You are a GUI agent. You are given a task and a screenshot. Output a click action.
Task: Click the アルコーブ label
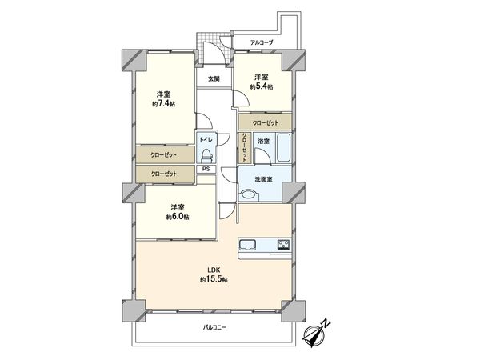(262, 42)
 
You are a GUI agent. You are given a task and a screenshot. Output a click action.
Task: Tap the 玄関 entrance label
(214, 78)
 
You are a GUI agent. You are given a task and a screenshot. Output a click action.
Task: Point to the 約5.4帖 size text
(261, 86)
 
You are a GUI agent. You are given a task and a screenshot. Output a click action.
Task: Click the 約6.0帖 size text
(177, 217)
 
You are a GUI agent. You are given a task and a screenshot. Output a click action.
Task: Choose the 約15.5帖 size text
(214, 280)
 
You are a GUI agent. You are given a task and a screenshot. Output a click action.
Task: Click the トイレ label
(206, 138)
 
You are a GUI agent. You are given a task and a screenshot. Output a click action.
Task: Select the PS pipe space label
(206, 169)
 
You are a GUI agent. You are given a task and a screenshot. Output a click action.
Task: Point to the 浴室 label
(263, 142)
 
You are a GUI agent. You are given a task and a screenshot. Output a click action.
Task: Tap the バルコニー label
(214, 328)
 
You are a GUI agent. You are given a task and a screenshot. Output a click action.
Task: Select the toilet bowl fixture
(206, 155)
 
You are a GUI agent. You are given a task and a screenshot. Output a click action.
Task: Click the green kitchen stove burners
(283, 244)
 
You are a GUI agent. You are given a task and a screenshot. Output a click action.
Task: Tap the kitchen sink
(246, 244)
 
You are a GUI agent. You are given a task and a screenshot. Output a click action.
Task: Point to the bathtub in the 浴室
(283, 150)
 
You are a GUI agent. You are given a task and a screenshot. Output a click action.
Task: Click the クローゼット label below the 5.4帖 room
(265, 122)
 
